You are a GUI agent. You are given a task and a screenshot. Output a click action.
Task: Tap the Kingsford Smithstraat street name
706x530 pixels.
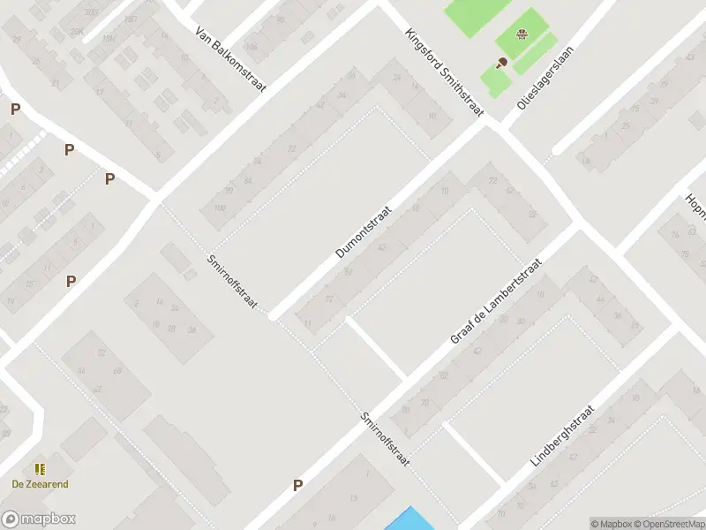(445, 73)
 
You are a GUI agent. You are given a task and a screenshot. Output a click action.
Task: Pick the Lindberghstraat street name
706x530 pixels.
(565, 436)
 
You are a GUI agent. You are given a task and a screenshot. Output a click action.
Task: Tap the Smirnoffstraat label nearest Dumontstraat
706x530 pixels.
(231, 282)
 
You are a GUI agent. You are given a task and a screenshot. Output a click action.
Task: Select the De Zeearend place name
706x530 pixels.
(40, 484)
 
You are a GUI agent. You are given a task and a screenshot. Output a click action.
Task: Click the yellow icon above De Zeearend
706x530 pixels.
(40, 469)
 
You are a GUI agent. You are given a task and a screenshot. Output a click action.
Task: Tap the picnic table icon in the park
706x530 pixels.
(522, 35)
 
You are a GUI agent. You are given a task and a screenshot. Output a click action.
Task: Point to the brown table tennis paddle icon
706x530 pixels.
(502, 62)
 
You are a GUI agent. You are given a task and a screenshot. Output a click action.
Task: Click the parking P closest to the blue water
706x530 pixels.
(297, 484)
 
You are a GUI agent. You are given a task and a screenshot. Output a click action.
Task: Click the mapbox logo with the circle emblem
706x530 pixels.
(38, 519)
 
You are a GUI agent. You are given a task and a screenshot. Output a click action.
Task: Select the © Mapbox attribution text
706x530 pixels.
(611, 524)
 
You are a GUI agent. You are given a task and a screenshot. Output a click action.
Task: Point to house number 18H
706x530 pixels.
(109, 39)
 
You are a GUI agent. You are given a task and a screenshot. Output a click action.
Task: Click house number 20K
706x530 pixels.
(77, 31)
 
